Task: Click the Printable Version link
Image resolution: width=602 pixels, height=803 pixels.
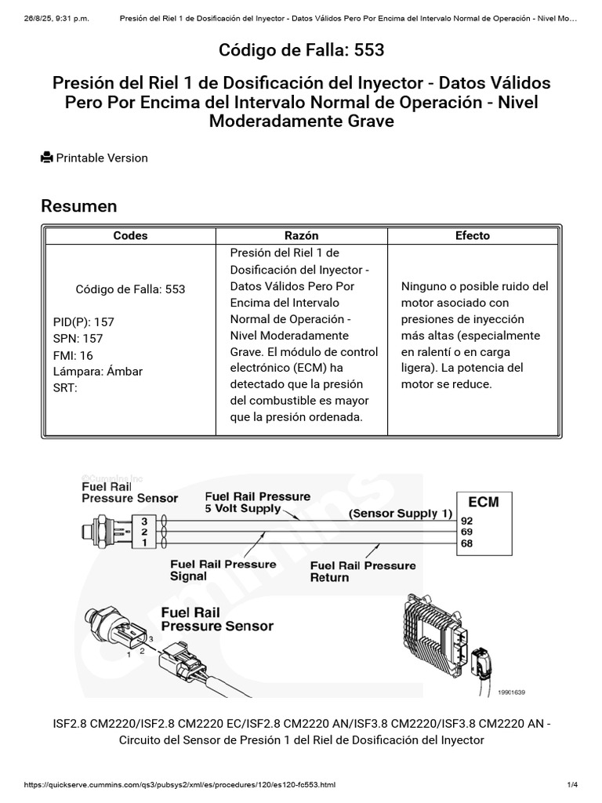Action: click(101, 158)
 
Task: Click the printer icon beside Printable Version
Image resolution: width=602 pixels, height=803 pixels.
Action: click(47, 158)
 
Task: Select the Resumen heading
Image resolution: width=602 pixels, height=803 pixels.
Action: click(78, 205)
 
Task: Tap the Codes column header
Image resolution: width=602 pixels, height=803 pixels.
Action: click(130, 235)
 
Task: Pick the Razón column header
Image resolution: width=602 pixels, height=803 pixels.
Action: click(301, 235)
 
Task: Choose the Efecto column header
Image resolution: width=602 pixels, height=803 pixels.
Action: click(472, 235)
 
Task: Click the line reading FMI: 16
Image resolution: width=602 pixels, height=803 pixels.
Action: click(73, 355)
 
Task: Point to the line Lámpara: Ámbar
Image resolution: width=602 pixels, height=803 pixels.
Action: click(97, 372)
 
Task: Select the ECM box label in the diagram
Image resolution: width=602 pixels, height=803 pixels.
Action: click(482, 502)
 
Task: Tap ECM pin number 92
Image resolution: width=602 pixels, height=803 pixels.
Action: click(467, 519)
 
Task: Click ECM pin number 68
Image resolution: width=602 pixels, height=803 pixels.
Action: click(467, 543)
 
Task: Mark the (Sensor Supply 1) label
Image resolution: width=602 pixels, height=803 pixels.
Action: click(401, 514)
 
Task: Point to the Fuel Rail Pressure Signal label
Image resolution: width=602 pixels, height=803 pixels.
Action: click(223, 570)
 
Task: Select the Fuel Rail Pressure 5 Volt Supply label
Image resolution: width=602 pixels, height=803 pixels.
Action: click(257, 502)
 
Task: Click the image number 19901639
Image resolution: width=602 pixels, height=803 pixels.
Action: click(511, 692)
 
